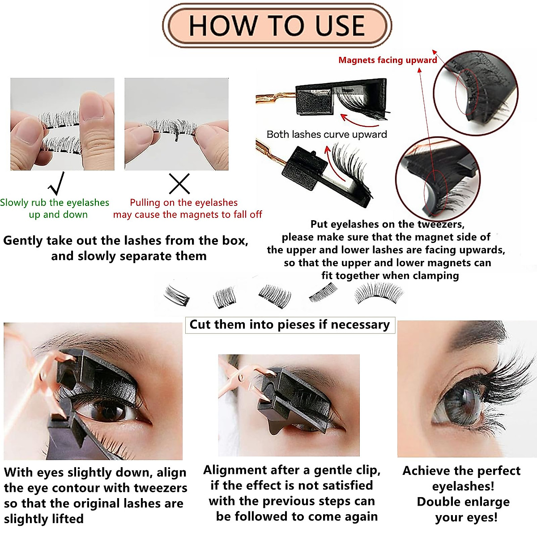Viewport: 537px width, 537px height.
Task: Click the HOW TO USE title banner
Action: coord(277,25)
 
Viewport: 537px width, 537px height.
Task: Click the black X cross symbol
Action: coord(179,183)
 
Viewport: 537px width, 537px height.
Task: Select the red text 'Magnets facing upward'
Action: coord(388,60)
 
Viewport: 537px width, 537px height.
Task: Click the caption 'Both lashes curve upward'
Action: coord(327,134)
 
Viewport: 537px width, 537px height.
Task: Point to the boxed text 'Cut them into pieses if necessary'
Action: coord(290,324)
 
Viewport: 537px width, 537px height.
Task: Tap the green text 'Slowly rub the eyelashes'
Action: coord(55,203)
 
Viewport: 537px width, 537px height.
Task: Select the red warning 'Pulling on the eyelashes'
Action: coord(183,203)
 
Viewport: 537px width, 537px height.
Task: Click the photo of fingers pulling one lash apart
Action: coord(176,124)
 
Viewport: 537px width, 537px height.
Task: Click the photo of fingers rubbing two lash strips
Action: coord(62,124)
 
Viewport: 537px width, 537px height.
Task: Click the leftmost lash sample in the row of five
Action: coord(177,295)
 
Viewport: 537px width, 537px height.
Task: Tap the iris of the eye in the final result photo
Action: coord(463,405)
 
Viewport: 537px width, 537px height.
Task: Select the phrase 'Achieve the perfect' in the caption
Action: coord(461,471)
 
